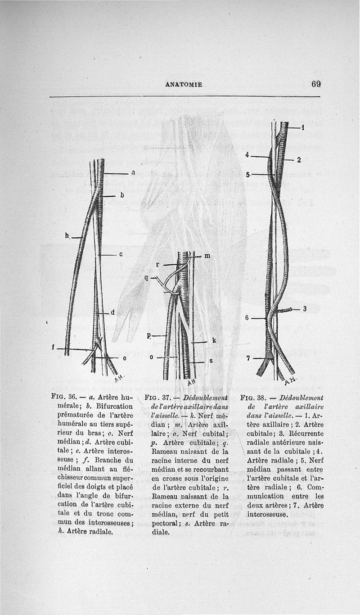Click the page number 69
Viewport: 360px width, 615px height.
pyautogui.click(x=315, y=84)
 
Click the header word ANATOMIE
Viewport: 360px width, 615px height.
pyautogui.click(x=184, y=84)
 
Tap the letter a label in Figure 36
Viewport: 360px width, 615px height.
pyautogui.click(x=133, y=172)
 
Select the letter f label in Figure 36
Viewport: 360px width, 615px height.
pyautogui.click(x=54, y=347)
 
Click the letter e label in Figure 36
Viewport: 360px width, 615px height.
pyautogui.click(x=124, y=358)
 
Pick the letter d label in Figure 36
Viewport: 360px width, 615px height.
pyautogui.click(x=112, y=312)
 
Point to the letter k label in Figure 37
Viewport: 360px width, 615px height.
pyautogui.click(x=214, y=341)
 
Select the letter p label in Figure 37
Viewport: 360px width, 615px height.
pyautogui.click(x=149, y=335)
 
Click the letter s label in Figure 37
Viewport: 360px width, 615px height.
pyautogui.click(x=211, y=361)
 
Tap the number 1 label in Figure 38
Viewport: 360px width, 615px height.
pyautogui.click(x=303, y=127)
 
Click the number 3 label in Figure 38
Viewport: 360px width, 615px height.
pyautogui.click(x=305, y=308)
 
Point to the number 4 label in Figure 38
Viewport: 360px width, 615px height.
pyautogui.click(x=247, y=155)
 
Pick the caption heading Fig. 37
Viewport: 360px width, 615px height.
pyautogui.click(x=157, y=398)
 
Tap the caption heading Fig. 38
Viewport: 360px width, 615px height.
pyautogui.click(x=252, y=398)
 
